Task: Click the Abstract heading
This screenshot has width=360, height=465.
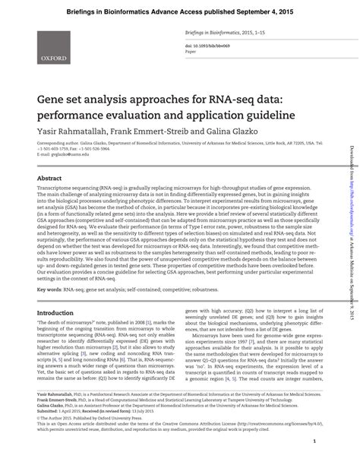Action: coord(51,199)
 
